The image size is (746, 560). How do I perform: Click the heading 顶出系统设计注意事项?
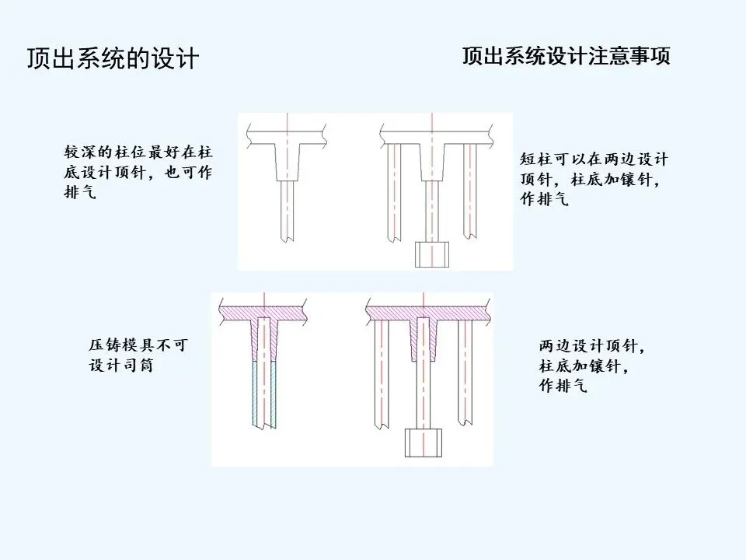(566, 57)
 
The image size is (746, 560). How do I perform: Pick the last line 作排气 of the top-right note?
(544, 199)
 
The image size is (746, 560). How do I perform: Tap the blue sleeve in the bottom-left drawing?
(258, 393)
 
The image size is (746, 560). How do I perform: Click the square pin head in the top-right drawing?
(432, 254)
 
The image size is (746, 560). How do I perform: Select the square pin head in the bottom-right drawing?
(423, 443)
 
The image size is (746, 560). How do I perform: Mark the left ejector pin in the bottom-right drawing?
(382, 373)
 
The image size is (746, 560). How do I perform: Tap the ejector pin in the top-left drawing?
(288, 210)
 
